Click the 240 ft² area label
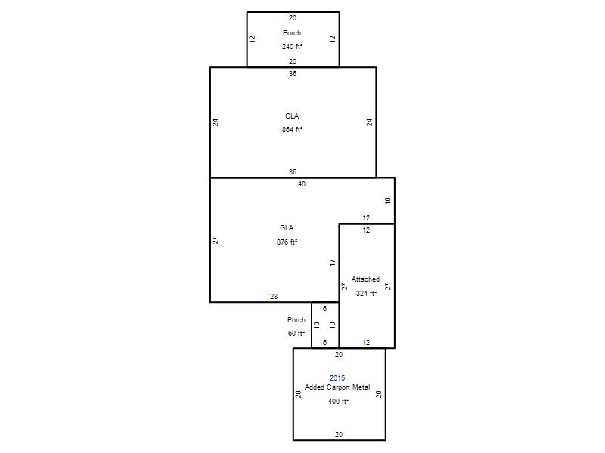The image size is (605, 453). pos(292,47)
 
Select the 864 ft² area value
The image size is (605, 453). pos(292,130)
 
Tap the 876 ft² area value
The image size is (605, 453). pos(287,242)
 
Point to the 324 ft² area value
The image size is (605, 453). pos(366,294)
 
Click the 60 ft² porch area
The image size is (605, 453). pos(296,334)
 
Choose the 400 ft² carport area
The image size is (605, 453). pos(338,402)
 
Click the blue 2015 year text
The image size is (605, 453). pos(337,378)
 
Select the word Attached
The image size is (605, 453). pos(365,279)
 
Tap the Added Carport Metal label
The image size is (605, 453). pos(337,387)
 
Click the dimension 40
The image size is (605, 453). pos(302,184)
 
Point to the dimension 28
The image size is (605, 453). pos(274,297)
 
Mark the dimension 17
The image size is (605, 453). pos(333,263)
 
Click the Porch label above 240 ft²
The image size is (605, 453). pos(292,33)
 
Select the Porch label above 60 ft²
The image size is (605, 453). pos(296,319)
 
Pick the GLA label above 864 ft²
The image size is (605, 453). pos(292,116)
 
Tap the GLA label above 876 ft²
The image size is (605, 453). pos(287,228)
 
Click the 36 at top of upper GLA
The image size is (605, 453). pos(293,73)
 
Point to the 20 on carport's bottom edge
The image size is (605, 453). pos(338,435)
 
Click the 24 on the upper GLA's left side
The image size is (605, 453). pos(216,122)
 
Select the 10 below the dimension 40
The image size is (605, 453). pos(388,200)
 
